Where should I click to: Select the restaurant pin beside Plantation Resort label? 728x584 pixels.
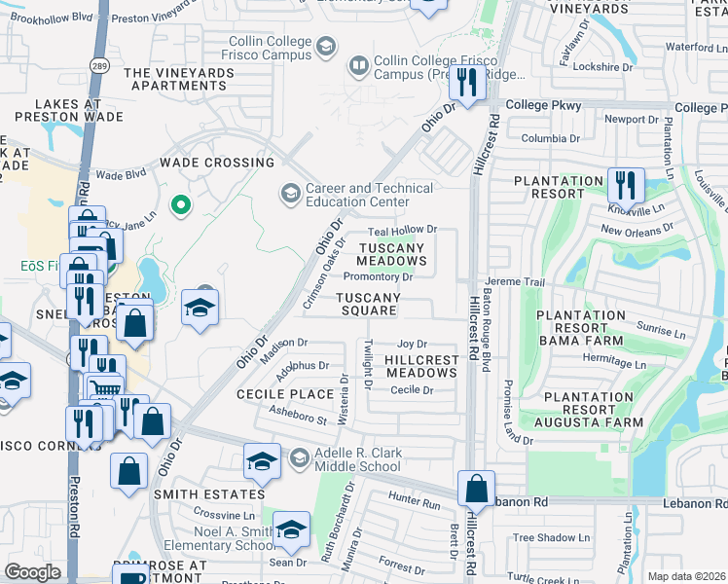click(625, 184)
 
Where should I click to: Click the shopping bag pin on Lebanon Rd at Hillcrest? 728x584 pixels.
click(476, 487)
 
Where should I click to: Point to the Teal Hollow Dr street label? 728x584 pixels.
click(403, 230)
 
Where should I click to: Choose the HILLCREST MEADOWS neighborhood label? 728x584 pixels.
click(421, 367)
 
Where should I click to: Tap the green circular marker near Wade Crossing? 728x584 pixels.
click(179, 204)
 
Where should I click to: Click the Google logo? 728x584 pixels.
click(32, 572)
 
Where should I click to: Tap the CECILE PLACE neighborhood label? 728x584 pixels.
click(285, 394)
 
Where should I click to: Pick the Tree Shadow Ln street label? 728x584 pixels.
click(551, 537)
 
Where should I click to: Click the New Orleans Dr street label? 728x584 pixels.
click(637, 230)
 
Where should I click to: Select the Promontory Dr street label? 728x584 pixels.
click(379, 276)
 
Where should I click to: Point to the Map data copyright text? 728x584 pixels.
click(687, 576)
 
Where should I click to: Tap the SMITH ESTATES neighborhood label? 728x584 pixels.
click(202, 494)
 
